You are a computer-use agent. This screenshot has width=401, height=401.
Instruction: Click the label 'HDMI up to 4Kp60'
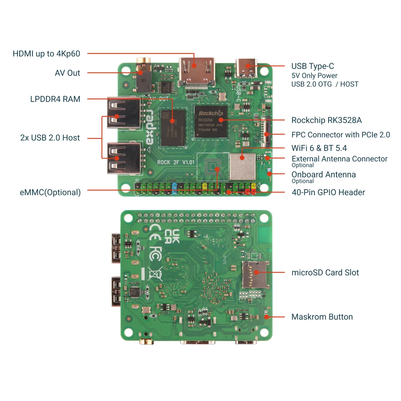(x=46, y=54)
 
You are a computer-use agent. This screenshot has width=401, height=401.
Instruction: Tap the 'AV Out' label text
(x=67, y=73)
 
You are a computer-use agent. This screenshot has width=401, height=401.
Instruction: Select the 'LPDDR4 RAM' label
(x=55, y=99)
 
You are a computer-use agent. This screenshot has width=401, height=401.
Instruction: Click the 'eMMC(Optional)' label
(x=50, y=192)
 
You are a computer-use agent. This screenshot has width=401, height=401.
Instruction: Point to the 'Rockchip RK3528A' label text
(x=326, y=120)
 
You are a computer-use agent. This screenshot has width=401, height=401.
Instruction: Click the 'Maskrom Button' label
(x=322, y=317)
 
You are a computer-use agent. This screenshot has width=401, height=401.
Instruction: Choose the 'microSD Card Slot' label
(x=325, y=273)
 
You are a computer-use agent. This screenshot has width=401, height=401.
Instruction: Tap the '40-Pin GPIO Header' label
(x=328, y=192)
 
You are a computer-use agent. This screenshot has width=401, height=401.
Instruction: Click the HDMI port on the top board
(x=197, y=71)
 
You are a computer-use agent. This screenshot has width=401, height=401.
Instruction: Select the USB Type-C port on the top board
(x=246, y=68)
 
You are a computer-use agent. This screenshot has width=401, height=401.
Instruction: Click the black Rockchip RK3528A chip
(x=211, y=122)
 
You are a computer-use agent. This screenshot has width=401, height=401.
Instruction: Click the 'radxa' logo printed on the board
(x=149, y=127)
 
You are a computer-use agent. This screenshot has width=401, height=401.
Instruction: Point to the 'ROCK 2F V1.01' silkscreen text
(x=176, y=162)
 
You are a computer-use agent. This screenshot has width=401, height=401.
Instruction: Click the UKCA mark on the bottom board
(x=172, y=237)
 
